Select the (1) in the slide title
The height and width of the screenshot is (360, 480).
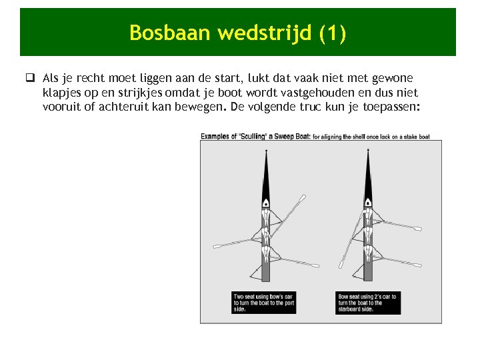332,33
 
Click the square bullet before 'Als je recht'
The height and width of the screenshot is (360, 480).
31,79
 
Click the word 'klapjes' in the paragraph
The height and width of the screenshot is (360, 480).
63,93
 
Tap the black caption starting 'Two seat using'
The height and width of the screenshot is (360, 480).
264,302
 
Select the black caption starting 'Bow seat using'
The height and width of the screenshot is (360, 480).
368,302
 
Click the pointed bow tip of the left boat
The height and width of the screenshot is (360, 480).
266,153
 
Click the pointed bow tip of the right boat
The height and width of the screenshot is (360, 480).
367,153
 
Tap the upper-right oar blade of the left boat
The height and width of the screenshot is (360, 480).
302,198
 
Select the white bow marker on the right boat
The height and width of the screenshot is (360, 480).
367,201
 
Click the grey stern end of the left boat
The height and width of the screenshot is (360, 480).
266,273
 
